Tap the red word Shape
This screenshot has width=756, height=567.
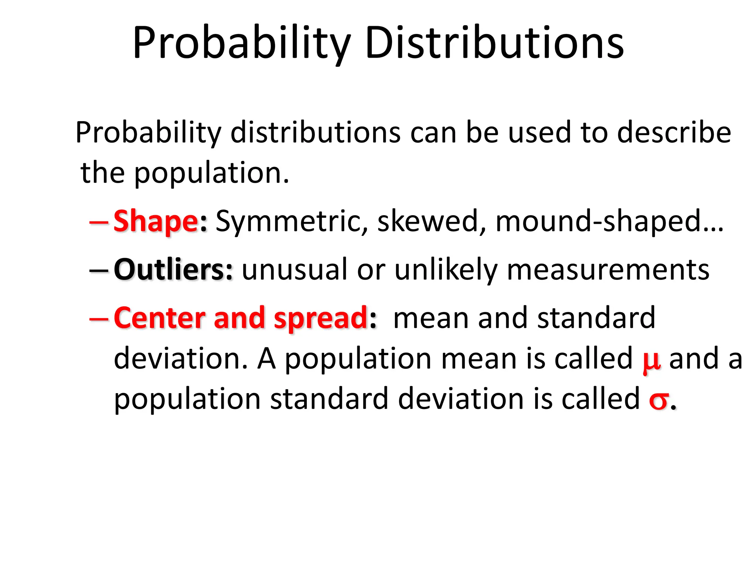click(156, 221)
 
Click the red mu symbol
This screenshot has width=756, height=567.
click(651, 361)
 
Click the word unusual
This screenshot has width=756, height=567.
click(295, 269)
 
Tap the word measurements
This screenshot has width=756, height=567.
click(608, 269)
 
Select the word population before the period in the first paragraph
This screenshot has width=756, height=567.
click(207, 173)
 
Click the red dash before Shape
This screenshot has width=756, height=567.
click(99, 222)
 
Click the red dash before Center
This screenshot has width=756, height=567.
click(99, 318)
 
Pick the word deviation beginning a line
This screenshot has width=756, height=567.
click(180, 359)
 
